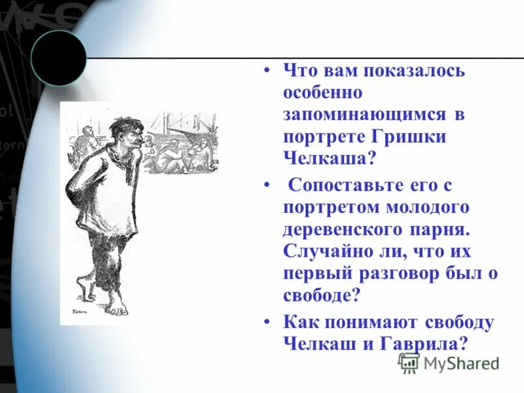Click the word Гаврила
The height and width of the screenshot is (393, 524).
424,344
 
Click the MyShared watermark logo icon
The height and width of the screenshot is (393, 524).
409,363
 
